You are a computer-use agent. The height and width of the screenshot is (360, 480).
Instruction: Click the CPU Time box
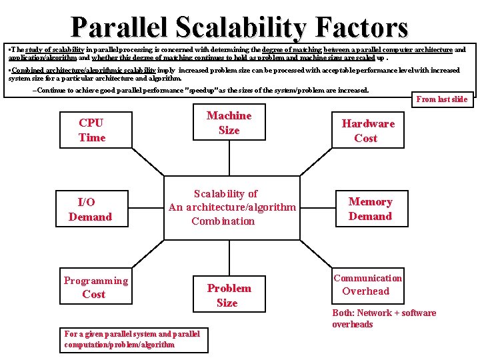(92, 130)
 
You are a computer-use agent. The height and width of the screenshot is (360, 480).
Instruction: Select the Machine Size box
(229, 123)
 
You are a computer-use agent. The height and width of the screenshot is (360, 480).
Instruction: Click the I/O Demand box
(90, 209)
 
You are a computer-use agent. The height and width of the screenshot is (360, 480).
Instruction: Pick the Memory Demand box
(370, 209)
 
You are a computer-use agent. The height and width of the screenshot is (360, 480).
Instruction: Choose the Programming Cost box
(95, 287)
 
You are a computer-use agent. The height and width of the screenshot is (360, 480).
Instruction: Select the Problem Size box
(228, 295)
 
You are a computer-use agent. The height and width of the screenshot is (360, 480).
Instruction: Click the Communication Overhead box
(367, 285)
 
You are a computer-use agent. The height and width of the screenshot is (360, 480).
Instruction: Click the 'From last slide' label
(441, 99)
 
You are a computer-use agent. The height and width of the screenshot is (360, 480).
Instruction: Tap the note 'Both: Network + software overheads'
(384, 319)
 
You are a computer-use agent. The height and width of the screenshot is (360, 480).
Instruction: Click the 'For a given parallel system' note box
(134, 339)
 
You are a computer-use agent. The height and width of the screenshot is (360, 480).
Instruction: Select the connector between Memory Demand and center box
(317, 209)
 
